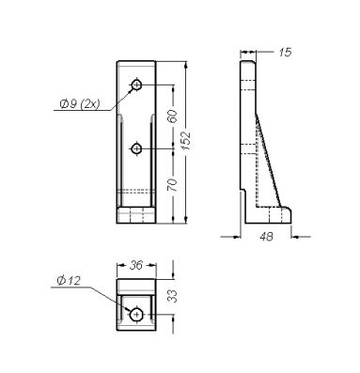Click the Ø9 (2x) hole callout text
pyautogui.click(x=80, y=103)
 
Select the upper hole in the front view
pyautogui.click(x=136, y=85)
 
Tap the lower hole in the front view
pyautogui.click(x=136, y=148)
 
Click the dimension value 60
pyautogui.click(x=173, y=116)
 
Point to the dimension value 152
pyautogui.click(x=186, y=140)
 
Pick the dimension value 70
pyautogui.click(x=172, y=185)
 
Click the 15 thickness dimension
pyautogui.click(x=285, y=52)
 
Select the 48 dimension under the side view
pyautogui.click(x=266, y=237)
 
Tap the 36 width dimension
pyautogui.click(x=136, y=265)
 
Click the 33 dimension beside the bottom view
pyautogui.click(x=172, y=296)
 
